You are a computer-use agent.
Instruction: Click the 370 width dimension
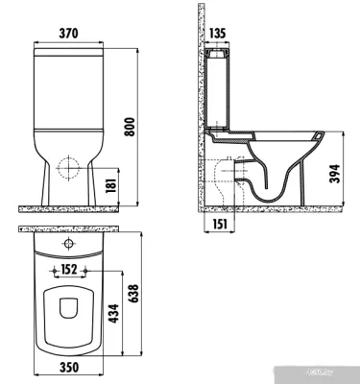pyautogui.click(x=68, y=32)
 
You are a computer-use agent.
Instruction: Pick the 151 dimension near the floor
pyautogui.click(x=219, y=224)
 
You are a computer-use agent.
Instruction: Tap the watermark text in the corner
pyautogui.click(x=341, y=376)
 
